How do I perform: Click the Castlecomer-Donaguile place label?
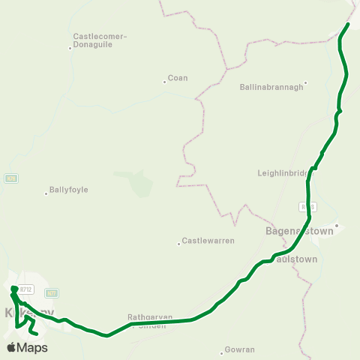100,40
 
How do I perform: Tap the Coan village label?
178,78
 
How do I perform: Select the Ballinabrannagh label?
270,87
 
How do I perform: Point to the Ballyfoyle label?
68,190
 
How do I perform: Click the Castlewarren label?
208,241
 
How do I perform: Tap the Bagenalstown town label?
299,232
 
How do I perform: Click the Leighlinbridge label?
283,172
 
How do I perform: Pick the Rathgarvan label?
150,317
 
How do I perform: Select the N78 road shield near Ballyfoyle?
10,178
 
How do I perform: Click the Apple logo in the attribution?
11,347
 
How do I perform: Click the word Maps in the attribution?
32,348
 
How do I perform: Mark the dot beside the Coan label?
165,82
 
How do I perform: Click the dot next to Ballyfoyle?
46,193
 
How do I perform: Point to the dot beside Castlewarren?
178,243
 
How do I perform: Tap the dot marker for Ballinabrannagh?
305,82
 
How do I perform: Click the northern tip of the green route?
349,25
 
